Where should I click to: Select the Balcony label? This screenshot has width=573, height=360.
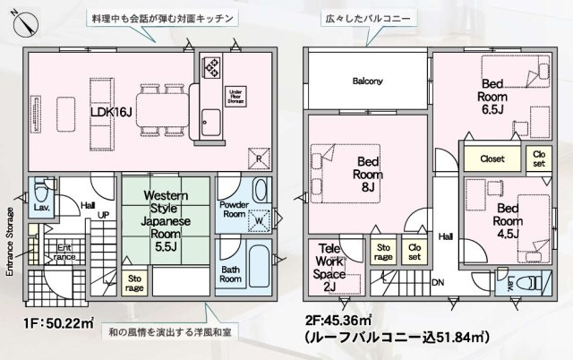[367, 81]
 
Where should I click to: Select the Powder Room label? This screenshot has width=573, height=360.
[233, 209]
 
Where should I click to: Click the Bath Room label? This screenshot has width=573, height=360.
[231, 273]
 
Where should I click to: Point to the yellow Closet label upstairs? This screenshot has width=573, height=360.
[492, 159]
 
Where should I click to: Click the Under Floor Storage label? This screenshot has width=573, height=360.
[237, 96]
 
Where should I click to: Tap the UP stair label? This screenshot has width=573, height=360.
[104, 216]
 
